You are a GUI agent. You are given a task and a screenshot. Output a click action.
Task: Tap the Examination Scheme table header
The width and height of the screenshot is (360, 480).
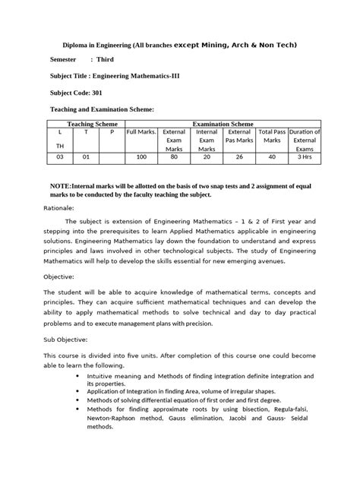coord(223,122)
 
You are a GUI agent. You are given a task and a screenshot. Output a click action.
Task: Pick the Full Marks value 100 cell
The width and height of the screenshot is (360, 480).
coord(141,158)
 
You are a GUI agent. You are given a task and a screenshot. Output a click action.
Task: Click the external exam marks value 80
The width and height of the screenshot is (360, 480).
coord(175,158)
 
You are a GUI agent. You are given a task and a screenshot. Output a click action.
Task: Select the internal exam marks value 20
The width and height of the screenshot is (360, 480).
coord(207,158)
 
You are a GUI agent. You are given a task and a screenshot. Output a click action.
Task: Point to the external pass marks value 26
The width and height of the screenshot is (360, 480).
coord(239,158)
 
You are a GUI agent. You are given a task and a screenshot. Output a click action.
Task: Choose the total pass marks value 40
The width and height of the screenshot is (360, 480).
coord(272,158)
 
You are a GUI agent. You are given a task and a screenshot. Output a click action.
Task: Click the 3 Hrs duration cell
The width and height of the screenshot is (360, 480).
coord(305,158)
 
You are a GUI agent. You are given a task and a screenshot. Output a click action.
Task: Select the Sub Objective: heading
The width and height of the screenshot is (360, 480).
coord(65,339)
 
